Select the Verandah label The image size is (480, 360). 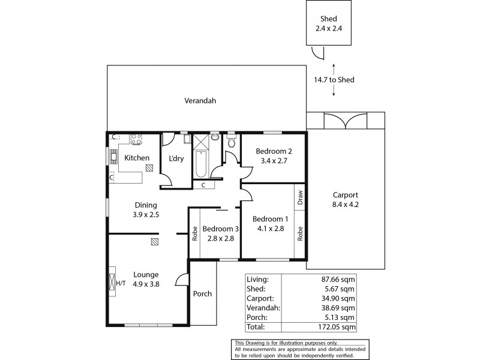coord(200,101)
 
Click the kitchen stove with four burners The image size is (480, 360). coord(136,139)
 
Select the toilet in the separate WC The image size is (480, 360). coord(232,143)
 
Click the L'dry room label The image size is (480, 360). coord(176,158)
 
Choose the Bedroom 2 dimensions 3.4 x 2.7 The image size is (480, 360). coord(273,161)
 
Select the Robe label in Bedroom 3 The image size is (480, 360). coord(194,233)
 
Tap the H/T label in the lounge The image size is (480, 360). coord(120,283)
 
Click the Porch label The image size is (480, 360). coord(202,294)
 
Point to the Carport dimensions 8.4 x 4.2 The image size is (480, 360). coord(345,205)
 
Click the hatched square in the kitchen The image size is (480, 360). coord(149,169)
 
